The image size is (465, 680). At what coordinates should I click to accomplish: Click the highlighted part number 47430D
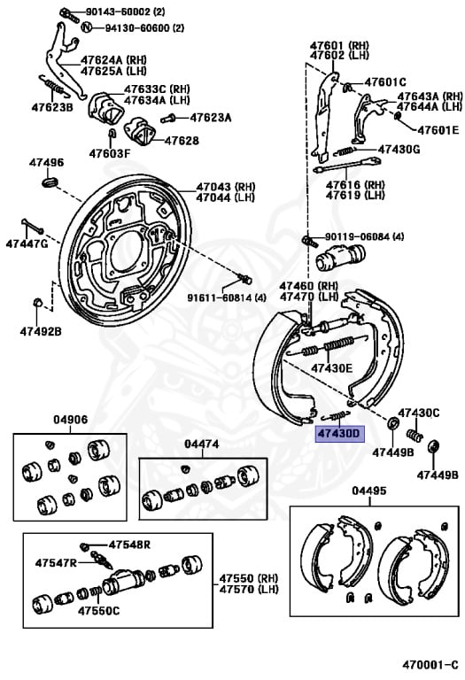(339, 433)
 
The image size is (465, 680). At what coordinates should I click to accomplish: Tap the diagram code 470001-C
(430, 665)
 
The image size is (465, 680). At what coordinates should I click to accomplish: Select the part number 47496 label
(46, 163)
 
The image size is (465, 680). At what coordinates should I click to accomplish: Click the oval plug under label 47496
(50, 182)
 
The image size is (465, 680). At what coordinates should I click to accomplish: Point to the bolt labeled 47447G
(33, 227)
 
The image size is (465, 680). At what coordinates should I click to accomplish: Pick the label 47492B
(41, 332)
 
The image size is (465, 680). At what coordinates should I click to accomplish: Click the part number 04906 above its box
(71, 420)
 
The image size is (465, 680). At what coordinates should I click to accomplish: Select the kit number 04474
(202, 444)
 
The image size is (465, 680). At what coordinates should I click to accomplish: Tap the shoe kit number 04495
(369, 491)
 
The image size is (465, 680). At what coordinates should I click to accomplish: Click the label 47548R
(129, 545)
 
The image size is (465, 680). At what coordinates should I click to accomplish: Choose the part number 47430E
(332, 368)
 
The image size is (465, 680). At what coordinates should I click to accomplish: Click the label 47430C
(419, 413)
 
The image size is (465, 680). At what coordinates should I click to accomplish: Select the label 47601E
(438, 129)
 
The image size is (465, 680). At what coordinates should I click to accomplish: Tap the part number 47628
(182, 141)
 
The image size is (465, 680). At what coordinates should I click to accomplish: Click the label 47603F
(110, 153)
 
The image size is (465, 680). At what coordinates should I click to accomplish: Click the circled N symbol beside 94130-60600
(87, 27)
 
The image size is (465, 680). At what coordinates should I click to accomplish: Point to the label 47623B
(52, 107)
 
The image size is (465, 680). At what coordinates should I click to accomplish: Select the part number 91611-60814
(221, 297)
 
